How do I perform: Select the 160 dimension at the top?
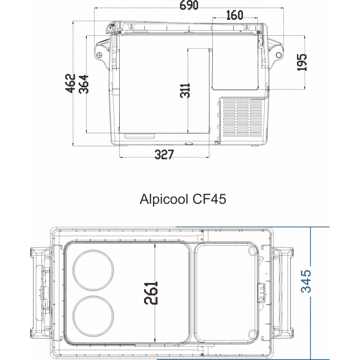(234, 15)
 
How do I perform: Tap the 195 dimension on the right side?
(302, 62)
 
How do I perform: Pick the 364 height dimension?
(84, 84)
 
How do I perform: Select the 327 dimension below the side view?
(164, 155)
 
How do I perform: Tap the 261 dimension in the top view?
(152, 292)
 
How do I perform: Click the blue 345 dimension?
(306, 281)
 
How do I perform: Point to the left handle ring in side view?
(99, 54)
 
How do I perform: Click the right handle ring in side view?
(279, 55)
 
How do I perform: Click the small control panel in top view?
(261, 293)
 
